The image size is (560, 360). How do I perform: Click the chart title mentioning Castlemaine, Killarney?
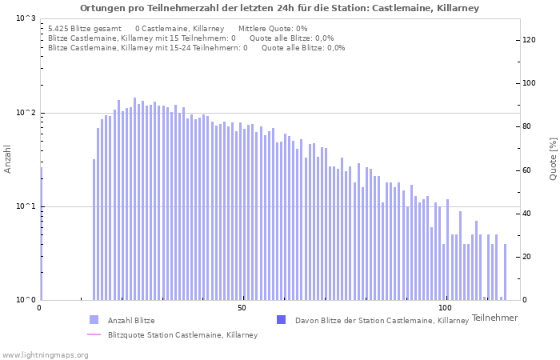click(x=279, y=8)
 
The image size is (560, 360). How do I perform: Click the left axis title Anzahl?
click(x=8, y=159)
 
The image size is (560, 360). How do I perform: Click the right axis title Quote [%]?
click(x=553, y=158)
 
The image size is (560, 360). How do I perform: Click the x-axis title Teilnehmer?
click(x=494, y=318)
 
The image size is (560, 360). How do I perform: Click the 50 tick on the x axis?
click(x=242, y=308)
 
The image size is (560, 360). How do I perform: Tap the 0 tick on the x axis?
click(x=40, y=308)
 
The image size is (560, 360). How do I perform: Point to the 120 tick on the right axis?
click(x=529, y=40)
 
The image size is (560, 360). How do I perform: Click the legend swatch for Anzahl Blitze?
click(x=94, y=320)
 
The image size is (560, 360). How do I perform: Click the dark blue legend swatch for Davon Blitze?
click(x=281, y=320)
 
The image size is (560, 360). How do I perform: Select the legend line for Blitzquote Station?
click(x=94, y=334)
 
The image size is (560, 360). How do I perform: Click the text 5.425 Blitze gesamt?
click(x=84, y=29)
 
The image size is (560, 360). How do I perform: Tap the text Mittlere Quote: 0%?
click(x=273, y=29)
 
